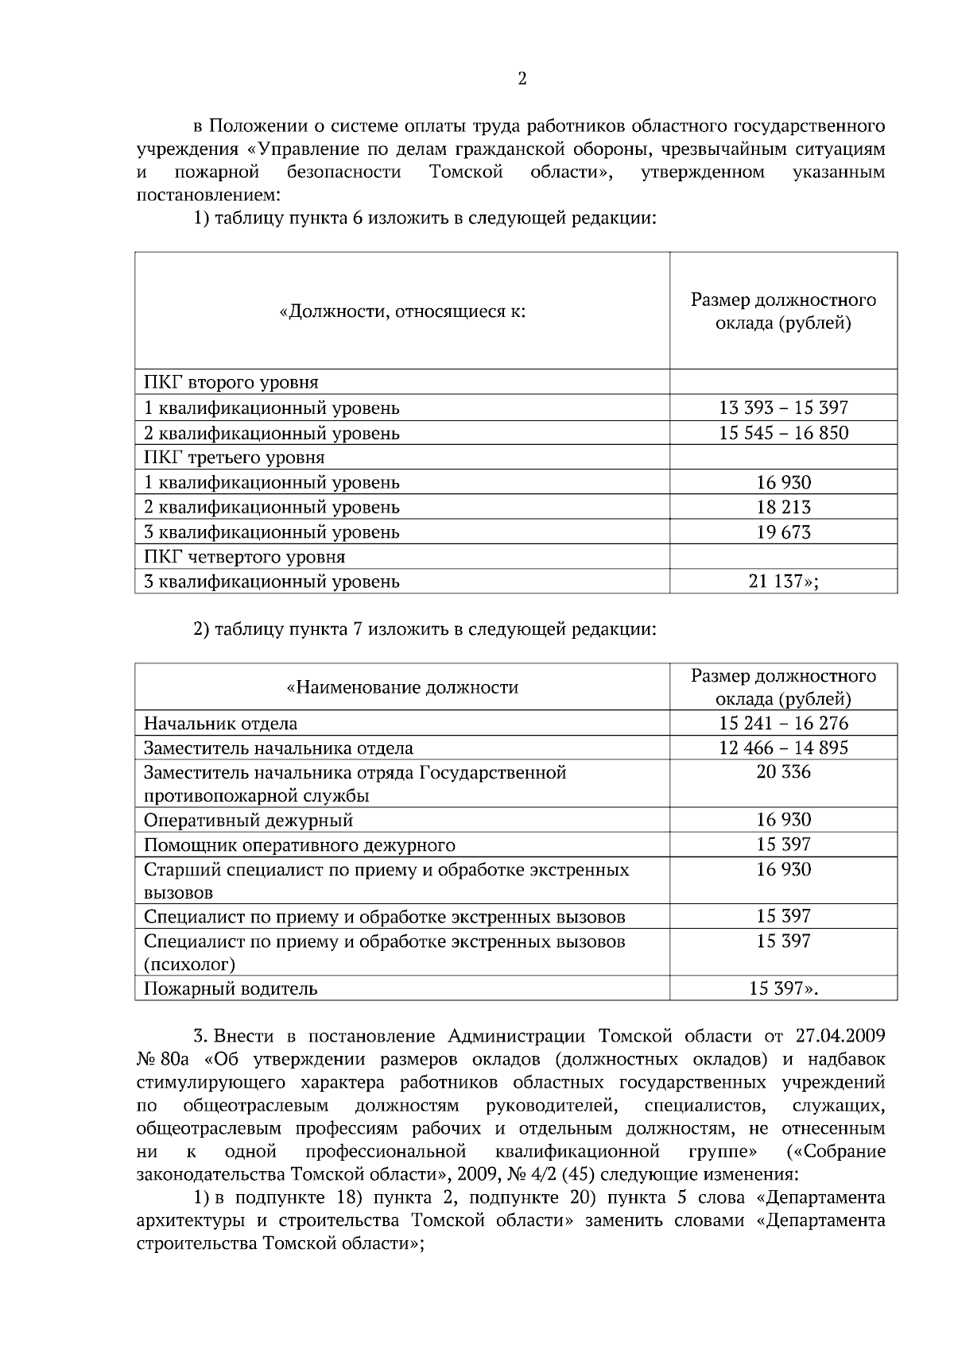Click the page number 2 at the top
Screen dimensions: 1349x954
click(522, 79)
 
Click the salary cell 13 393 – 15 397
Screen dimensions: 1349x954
click(783, 408)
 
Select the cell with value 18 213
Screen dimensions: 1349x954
click(783, 507)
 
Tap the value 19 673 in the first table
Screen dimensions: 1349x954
click(783, 532)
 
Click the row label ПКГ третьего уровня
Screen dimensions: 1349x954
click(234, 458)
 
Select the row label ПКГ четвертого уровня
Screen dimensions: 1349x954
click(244, 557)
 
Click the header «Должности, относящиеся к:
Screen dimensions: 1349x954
click(402, 311)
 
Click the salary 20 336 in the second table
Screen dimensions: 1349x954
click(783, 772)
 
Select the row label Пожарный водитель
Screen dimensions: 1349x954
click(231, 989)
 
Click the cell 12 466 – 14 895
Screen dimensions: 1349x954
click(783, 748)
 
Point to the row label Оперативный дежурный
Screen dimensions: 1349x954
click(248, 821)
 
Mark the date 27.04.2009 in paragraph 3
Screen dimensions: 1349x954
click(840, 1036)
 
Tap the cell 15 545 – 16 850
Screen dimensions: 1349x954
click(783, 433)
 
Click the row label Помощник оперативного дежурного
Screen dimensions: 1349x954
click(299, 845)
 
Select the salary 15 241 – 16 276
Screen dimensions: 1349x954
click(783, 724)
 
